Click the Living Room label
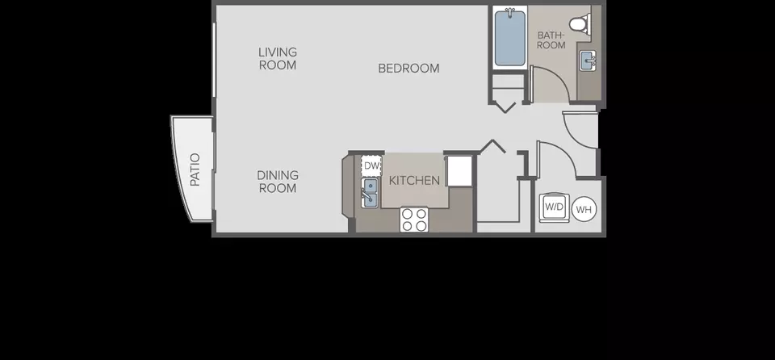(x=278, y=58)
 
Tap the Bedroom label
(x=408, y=69)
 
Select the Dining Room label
(x=278, y=182)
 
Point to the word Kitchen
(x=414, y=181)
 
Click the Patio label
(x=195, y=170)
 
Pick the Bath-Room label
(x=551, y=40)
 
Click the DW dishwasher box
(x=371, y=165)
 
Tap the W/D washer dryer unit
(x=554, y=206)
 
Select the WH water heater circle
(x=584, y=210)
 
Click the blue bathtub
(x=510, y=38)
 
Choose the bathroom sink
(x=589, y=61)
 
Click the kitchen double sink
(x=370, y=192)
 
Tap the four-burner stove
(x=414, y=220)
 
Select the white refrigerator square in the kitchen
(x=459, y=171)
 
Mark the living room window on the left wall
(x=215, y=60)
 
